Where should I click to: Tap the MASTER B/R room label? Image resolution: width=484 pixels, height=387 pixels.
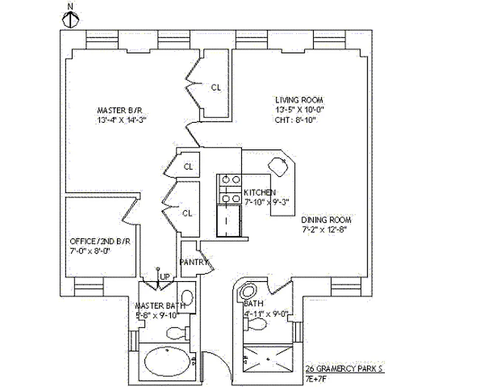coord(119,110)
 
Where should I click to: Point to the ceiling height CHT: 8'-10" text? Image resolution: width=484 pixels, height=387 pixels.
coord(296,119)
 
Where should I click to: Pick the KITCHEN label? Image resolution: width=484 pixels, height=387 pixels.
coord(260,192)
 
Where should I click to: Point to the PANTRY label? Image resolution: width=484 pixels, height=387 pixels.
coord(194,262)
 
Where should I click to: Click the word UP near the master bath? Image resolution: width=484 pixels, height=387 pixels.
coord(165,277)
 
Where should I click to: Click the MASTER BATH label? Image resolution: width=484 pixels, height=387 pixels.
coord(157,306)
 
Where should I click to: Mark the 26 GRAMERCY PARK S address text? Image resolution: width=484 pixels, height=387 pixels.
coord(344,369)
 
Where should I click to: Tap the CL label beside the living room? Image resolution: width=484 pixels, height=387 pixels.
coord(216,88)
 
